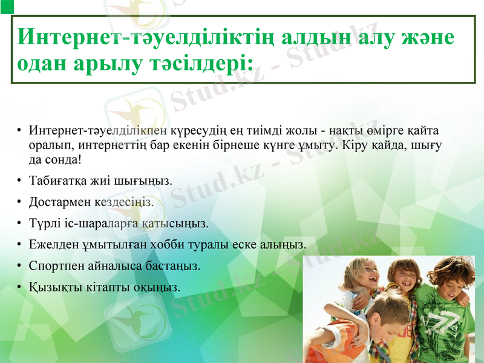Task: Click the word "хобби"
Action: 184,245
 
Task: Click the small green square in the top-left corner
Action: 5,5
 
